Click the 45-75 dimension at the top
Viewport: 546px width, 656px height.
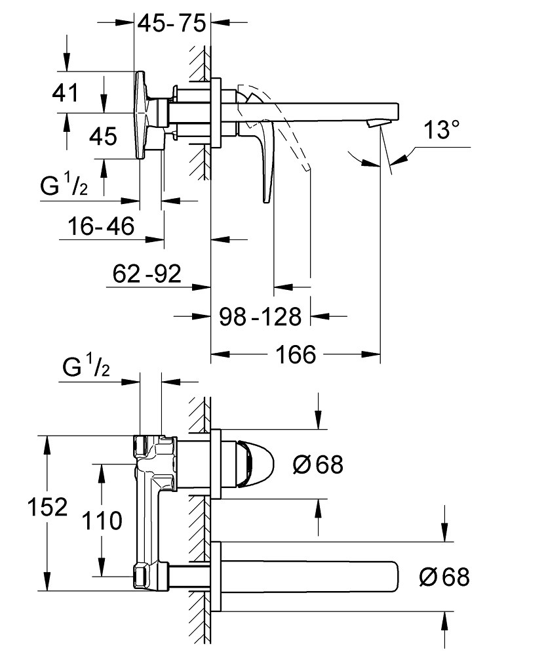pyautogui.click(x=171, y=24)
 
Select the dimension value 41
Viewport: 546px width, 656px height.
pyautogui.click(x=66, y=92)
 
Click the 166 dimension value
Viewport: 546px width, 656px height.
pyautogui.click(x=295, y=355)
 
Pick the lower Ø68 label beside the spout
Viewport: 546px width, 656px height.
pyautogui.click(x=444, y=577)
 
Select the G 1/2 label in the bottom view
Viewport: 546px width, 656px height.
pyautogui.click(x=87, y=369)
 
